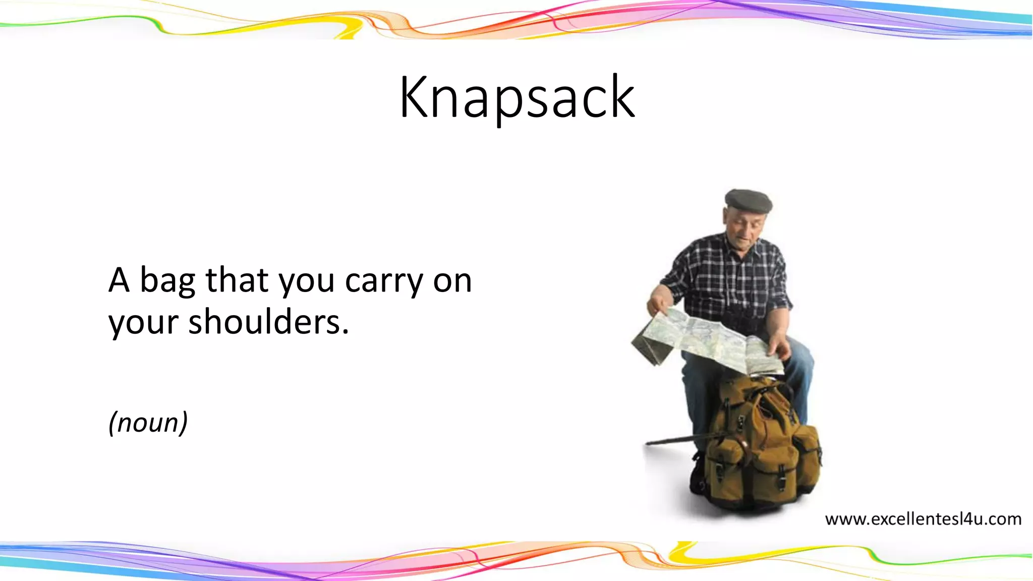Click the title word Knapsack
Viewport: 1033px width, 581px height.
click(516, 97)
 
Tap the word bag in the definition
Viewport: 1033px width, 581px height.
click(167, 281)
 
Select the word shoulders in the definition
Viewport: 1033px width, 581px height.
click(268, 322)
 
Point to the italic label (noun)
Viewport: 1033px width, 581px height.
click(148, 422)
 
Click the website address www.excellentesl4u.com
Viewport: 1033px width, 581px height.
click(923, 519)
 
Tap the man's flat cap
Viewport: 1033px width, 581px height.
click(749, 200)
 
